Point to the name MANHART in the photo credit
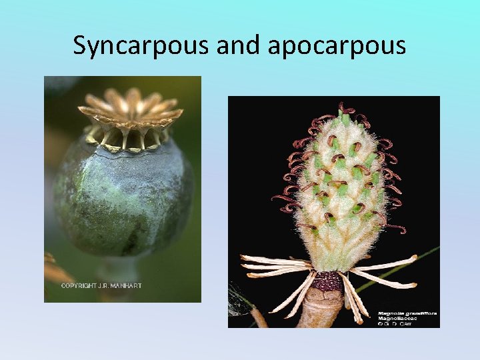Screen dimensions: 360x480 (126, 286)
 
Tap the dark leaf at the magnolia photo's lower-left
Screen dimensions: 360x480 (239, 296)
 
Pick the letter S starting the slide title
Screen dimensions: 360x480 (80, 45)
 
